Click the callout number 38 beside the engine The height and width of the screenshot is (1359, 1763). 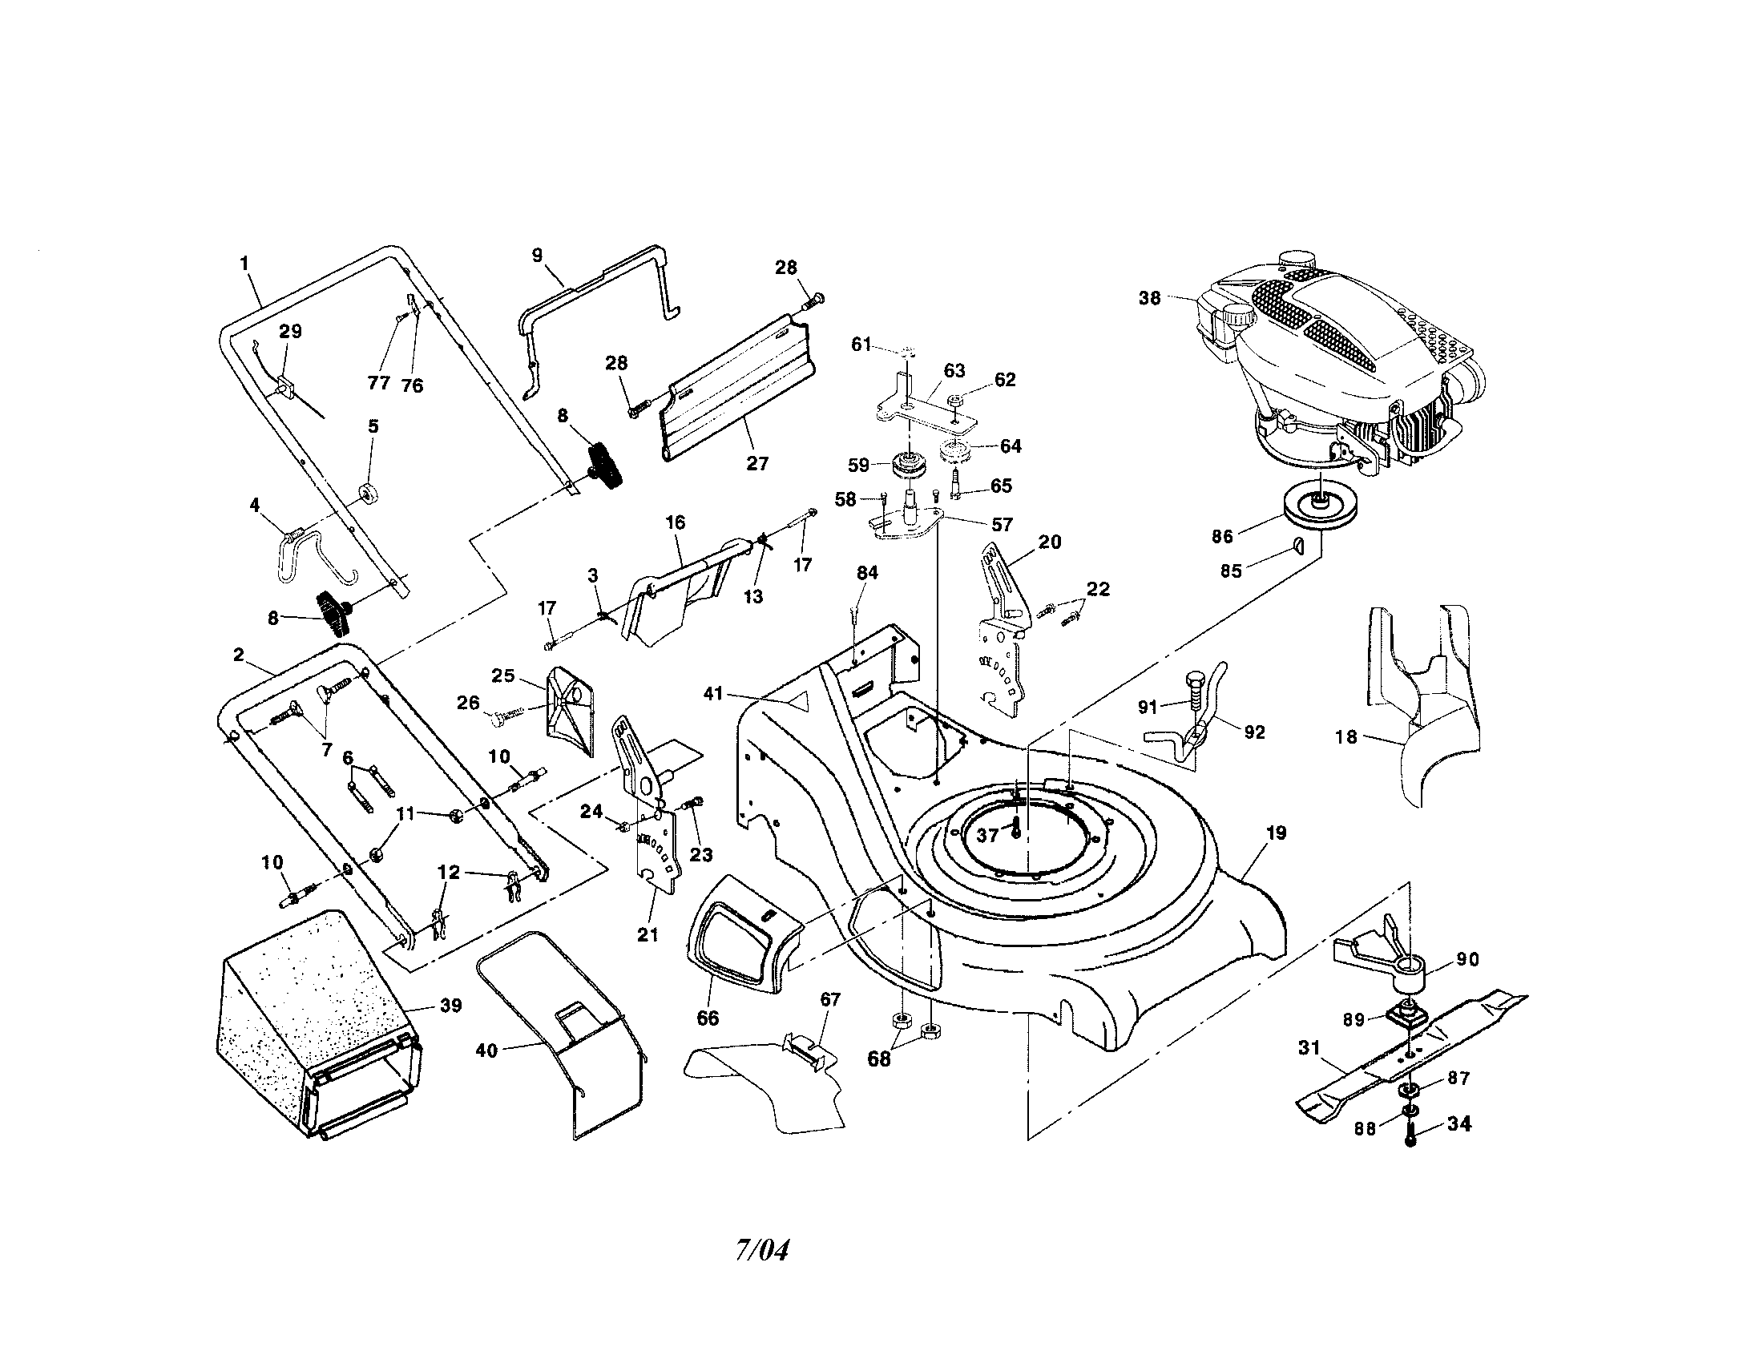pos(1148,299)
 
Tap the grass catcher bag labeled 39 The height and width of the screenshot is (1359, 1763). pos(315,1025)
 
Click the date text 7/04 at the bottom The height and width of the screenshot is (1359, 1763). pos(761,1250)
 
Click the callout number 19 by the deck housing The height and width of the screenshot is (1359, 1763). pos(1276,833)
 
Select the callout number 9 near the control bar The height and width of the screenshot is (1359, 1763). pos(538,255)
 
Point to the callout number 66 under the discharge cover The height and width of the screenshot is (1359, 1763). pos(707,1018)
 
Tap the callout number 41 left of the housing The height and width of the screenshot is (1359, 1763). pos(712,693)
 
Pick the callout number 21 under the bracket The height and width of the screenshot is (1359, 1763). pos(648,934)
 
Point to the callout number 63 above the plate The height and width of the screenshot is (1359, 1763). pos(954,370)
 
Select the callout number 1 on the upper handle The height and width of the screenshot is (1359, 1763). pos(244,263)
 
